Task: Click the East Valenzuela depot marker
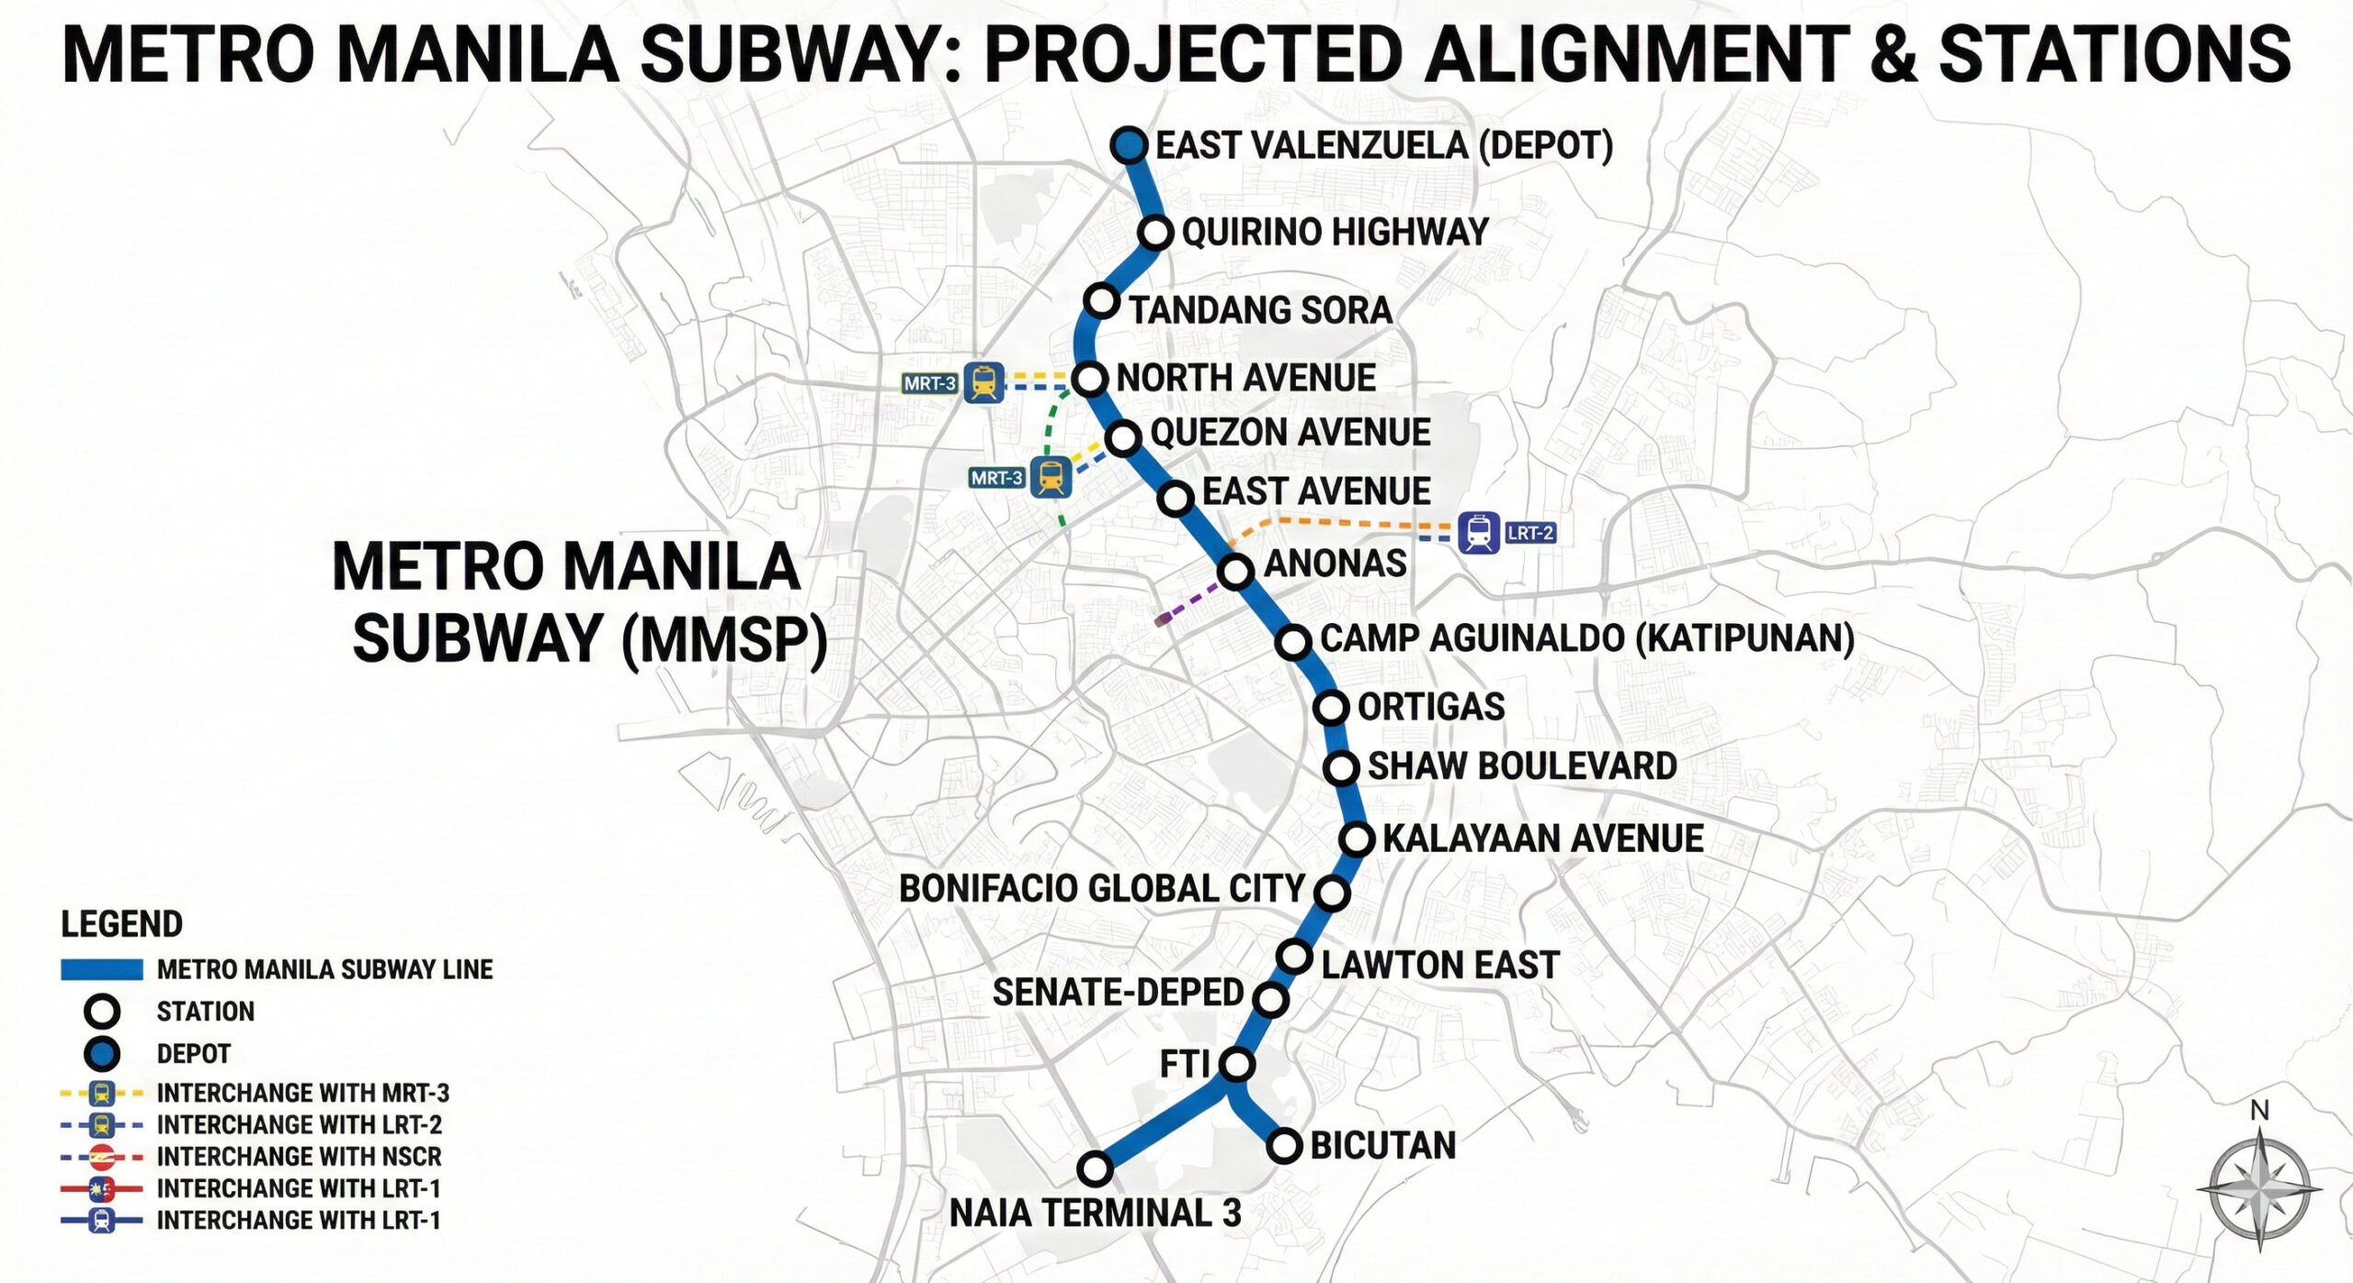point(1130,145)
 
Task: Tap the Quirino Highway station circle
point(1156,233)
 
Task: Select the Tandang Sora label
point(1260,310)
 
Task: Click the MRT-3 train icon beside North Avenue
point(983,381)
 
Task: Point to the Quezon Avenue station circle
point(1123,437)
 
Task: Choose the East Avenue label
point(1316,492)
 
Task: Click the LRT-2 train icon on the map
point(1479,532)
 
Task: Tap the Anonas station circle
point(1236,572)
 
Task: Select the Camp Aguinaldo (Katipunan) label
point(1586,639)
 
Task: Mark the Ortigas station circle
point(1331,708)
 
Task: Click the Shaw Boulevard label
point(1522,766)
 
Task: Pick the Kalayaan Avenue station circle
point(1357,838)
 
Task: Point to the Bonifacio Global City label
point(1101,889)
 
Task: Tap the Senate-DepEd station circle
point(1270,999)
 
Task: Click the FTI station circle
point(1237,1064)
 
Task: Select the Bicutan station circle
point(1284,1145)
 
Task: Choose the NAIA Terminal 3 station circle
point(1095,1169)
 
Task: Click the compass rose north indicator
point(2259,1112)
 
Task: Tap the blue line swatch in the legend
point(101,970)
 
